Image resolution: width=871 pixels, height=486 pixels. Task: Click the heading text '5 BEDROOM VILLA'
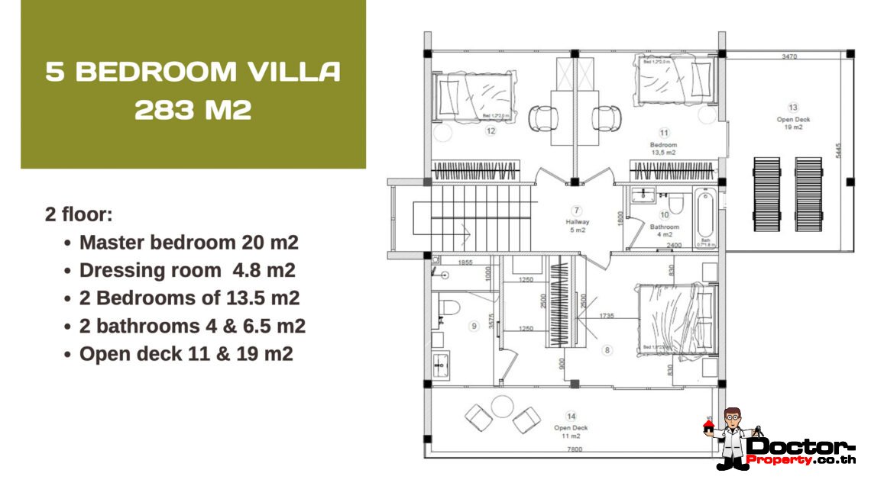tap(193, 72)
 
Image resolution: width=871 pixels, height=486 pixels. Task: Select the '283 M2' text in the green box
tap(193, 110)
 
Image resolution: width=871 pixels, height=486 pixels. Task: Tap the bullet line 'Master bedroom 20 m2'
tap(188, 243)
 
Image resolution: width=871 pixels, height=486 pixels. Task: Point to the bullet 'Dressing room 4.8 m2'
tap(186, 271)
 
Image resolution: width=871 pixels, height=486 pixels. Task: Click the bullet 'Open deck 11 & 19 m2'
tap(186, 354)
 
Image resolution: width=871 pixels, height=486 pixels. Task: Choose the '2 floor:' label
tap(79, 214)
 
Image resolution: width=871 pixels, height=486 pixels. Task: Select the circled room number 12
tap(490, 130)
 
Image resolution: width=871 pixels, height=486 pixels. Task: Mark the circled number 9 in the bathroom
tap(474, 326)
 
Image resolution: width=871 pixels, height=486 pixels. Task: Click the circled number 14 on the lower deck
tap(571, 417)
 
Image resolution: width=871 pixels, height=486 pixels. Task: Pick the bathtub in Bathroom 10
tap(705, 219)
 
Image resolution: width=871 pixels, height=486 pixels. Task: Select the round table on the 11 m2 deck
tap(502, 406)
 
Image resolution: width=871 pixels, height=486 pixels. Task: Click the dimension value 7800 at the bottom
tap(574, 449)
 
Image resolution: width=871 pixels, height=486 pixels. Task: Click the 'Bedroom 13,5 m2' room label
tap(663, 148)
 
